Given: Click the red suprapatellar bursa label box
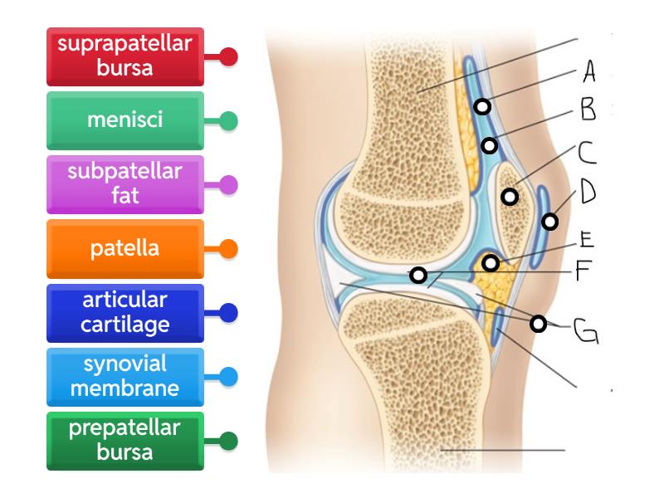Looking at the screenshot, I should tap(124, 57).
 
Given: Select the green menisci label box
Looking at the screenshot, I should tap(124, 121).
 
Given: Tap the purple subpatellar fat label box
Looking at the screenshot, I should tap(124, 184).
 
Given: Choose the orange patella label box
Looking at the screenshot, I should tap(124, 248).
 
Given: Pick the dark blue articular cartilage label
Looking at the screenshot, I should tap(124, 312).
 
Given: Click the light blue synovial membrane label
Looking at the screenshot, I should tap(124, 376).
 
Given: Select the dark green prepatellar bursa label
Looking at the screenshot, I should tap(124, 440).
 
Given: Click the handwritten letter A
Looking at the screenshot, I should tap(588, 73).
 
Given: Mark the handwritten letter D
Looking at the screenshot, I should tap(588, 193).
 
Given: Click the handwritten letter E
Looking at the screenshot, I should tap(586, 239).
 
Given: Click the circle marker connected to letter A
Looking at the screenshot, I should tap(482, 106).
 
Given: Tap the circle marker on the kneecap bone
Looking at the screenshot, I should tap(510, 197).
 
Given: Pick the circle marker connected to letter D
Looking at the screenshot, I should tap(549, 222).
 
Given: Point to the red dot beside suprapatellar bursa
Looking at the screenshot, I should tap(229, 57).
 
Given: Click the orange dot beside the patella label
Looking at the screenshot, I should tap(229, 248).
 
